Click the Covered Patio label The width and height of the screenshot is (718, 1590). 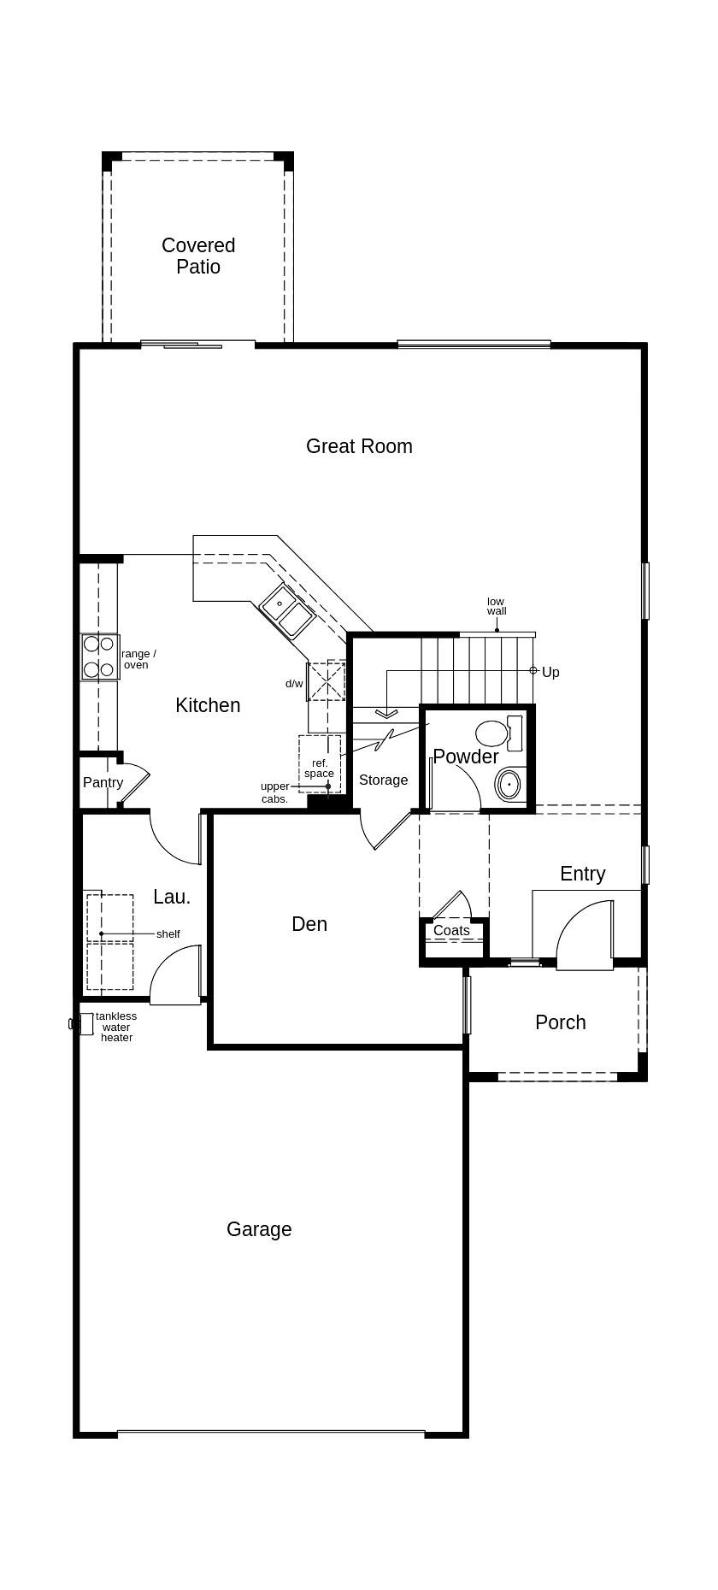tap(198, 256)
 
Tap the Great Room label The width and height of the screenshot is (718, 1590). tap(359, 446)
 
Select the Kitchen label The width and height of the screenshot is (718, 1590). tap(208, 705)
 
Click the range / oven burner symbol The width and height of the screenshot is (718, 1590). tap(99, 657)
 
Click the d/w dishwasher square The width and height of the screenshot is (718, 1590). tap(326, 680)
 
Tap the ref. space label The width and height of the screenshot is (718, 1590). tap(319, 768)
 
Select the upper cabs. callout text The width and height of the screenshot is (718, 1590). tap(274, 792)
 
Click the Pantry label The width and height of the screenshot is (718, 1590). tap(103, 782)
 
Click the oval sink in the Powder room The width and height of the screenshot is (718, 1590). tap(509, 783)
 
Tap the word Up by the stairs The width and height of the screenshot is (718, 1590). tap(550, 672)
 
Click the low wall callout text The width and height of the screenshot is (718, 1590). tap(497, 606)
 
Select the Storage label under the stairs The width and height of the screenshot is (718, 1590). tap(383, 780)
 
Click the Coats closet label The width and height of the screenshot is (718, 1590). tap(451, 930)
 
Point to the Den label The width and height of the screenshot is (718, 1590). tap(309, 924)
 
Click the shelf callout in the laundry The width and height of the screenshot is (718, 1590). tap(168, 933)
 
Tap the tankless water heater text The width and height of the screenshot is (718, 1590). tap(116, 1027)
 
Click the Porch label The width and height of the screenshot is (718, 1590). tap(561, 1022)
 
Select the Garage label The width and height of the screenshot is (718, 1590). tap(259, 1229)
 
